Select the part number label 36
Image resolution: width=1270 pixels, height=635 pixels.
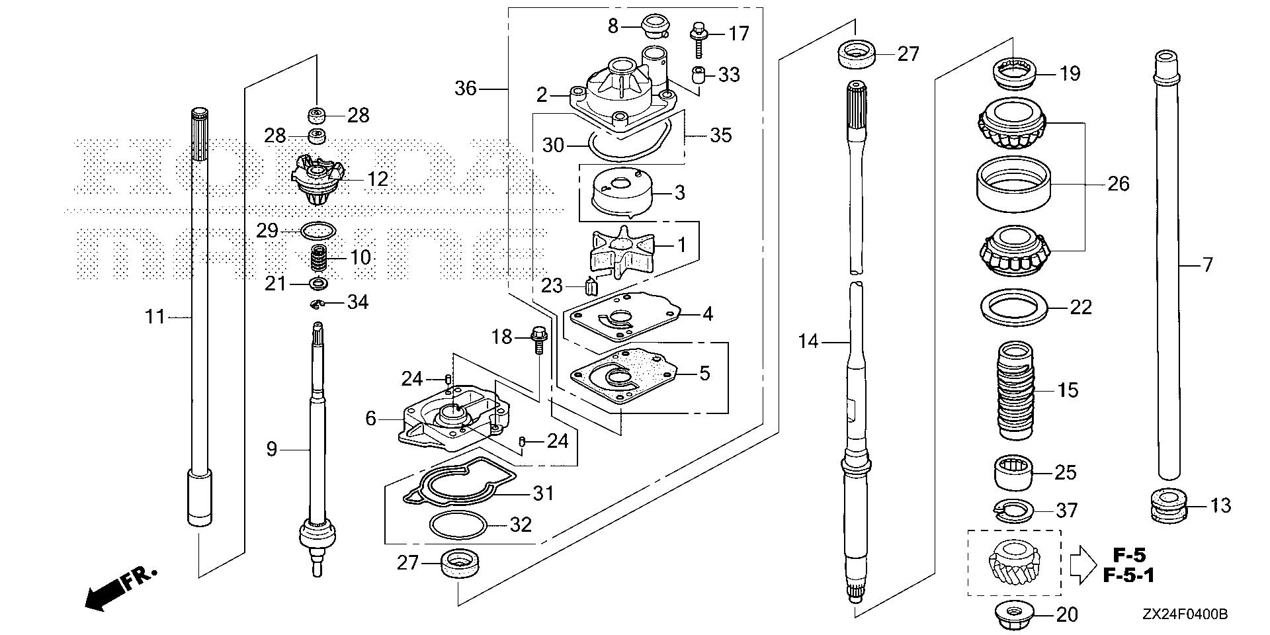[466, 88]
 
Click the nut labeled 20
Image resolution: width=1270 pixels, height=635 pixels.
[1013, 614]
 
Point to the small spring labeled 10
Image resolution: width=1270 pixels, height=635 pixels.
[322, 258]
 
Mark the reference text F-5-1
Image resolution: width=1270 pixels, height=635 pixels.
[1128, 575]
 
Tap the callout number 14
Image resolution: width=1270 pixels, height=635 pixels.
[808, 341]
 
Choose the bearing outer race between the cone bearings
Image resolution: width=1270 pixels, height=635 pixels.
[1014, 184]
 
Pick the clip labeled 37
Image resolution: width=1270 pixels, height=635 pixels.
[1014, 509]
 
